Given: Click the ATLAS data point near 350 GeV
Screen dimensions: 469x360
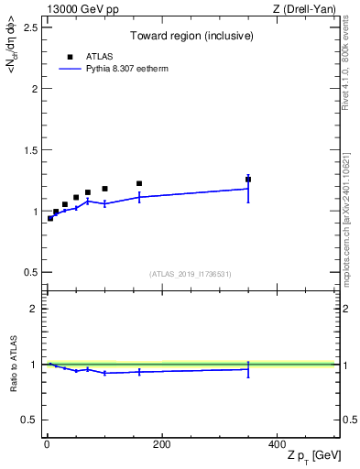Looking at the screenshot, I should pyautogui.click(x=248, y=180).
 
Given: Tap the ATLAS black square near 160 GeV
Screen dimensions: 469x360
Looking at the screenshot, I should pyautogui.click(x=139, y=183).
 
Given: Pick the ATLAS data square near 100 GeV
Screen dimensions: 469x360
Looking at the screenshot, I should pyautogui.click(x=104, y=189).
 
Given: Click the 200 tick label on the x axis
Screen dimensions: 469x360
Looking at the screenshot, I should pyautogui.click(x=161, y=444).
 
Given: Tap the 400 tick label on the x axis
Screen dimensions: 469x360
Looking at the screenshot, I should pyautogui.click(x=276, y=444).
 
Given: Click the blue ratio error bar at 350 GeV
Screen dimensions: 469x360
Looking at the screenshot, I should pyautogui.click(x=248, y=368).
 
